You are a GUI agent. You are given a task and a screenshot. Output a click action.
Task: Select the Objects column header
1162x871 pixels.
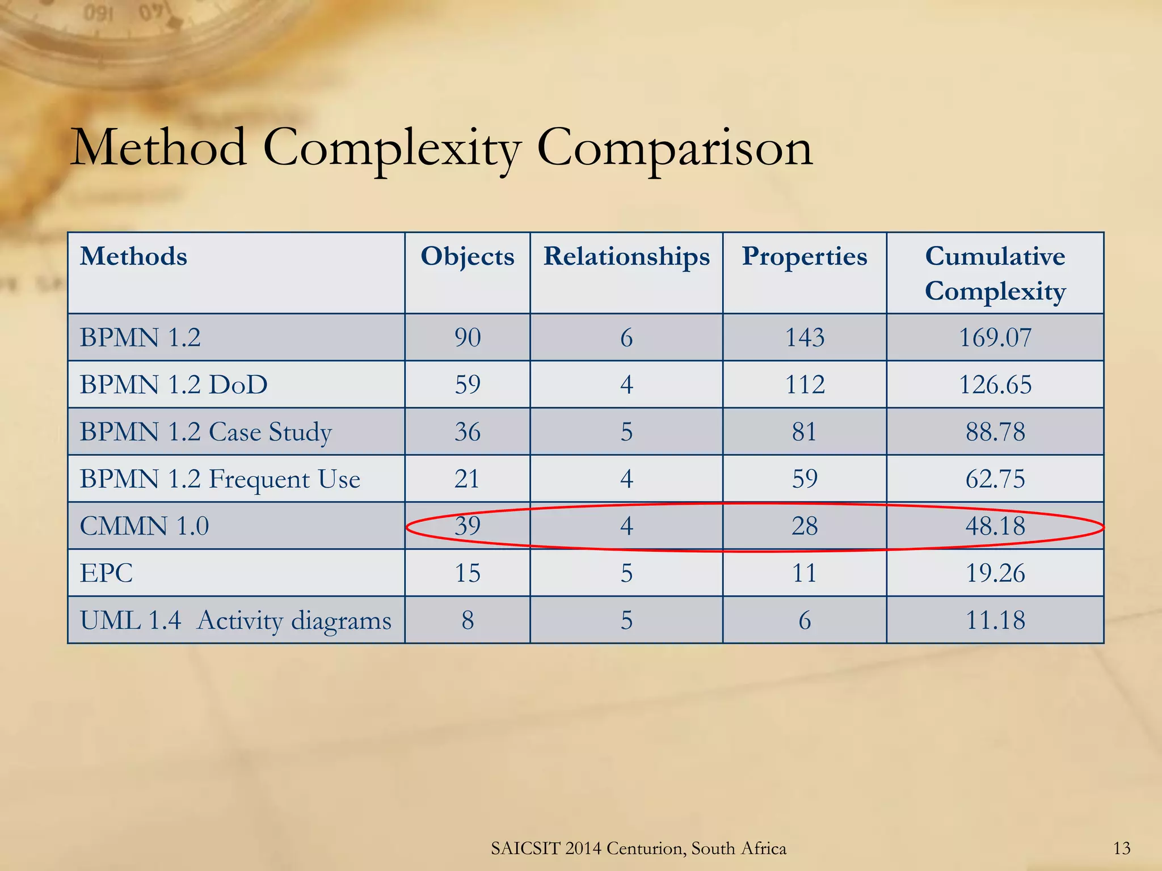(468, 256)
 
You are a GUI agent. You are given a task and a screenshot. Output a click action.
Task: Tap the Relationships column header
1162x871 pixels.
(626, 256)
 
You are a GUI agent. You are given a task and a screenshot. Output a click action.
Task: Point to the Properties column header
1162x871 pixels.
(805, 256)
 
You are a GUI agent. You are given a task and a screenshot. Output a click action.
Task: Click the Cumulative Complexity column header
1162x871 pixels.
(995, 273)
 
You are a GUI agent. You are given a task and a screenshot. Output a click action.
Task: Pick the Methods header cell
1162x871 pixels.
(134, 256)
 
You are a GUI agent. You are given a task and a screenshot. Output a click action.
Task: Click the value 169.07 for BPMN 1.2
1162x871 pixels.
(995, 337)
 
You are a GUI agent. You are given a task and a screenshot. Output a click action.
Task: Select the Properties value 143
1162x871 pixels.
(805, 337)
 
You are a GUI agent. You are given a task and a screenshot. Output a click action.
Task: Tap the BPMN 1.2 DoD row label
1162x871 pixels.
(174, 384)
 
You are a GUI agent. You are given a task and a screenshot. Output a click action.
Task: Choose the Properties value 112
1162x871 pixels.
(805, 384)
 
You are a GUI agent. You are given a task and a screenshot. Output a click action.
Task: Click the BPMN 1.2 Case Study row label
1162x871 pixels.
(205, 432)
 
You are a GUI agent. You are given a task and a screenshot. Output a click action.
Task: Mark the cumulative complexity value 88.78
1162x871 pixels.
(995, 432)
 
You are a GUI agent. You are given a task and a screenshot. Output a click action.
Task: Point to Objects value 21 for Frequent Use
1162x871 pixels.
(467, 479)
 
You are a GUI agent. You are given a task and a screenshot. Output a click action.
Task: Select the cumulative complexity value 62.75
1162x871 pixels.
(995, 479)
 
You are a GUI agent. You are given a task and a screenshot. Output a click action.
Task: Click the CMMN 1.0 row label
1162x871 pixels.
(145, 526)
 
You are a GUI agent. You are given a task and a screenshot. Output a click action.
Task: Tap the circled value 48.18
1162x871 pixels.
(995, 526)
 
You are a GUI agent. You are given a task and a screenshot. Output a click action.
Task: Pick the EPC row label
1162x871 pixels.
(107, 573)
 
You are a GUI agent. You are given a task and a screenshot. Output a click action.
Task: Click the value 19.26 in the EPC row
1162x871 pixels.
(995, 573)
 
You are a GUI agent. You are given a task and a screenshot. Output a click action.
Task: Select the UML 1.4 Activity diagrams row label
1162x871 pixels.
(235, 620)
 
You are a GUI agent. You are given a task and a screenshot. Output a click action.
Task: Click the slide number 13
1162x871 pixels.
(1122, 848)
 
